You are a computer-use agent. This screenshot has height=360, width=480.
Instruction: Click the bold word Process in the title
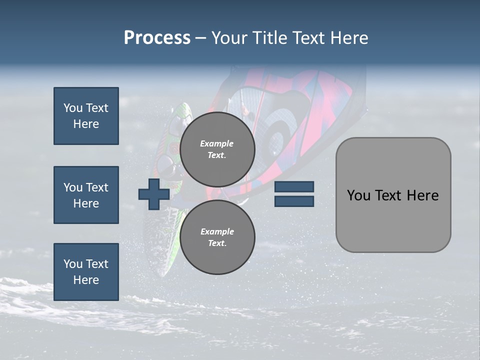point(157,38)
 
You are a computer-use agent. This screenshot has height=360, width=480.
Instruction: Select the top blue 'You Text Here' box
point(86,116)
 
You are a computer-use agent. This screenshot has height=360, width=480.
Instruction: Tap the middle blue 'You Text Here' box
point(86,195)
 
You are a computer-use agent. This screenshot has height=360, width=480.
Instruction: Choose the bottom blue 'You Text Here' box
point(86,271)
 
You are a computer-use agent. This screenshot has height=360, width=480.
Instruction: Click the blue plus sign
point(154,194)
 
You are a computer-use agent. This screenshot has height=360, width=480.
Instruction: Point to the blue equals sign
point(294,194)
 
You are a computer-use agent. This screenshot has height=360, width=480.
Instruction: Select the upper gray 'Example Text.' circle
point(217,149)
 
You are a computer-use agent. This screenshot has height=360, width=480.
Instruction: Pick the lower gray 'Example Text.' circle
point(217,237)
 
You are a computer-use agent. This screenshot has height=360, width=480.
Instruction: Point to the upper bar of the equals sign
point(294,187)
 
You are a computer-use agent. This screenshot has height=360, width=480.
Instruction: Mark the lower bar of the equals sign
point(294,201)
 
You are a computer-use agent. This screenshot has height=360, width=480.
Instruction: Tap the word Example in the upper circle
point(217,143)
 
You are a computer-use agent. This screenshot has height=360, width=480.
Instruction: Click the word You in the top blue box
point(72,108)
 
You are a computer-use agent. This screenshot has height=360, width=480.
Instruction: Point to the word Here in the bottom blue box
point(86,280)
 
